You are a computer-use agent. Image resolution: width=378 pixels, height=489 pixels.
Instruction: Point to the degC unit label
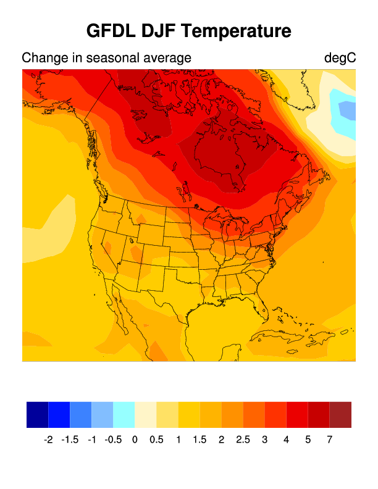tap(340, 58)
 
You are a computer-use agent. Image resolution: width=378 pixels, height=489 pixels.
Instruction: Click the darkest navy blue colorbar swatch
tap(37, 414)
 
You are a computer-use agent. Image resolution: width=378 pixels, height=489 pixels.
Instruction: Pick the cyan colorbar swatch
tap(124, 414)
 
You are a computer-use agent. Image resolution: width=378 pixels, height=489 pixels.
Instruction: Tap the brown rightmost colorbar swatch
tap(340, 414)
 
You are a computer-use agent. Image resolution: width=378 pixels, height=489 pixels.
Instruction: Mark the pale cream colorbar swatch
tap(146, 414)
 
